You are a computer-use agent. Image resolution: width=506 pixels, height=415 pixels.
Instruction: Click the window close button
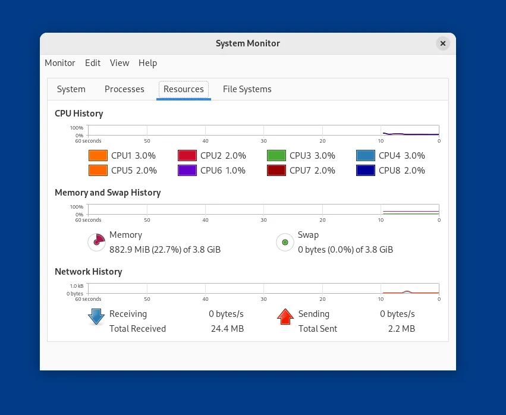click(x=442, y=43)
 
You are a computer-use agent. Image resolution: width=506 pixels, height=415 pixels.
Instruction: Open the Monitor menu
click(x=60, y=63)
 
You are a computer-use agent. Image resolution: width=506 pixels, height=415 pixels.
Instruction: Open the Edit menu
click(x=93, y=63)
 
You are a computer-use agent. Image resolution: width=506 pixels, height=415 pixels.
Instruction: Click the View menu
click(x=120, y=63)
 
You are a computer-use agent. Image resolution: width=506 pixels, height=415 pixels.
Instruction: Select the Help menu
click(x=147, y=63)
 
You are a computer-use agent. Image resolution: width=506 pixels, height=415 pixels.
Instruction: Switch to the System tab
click(x=71, y=89)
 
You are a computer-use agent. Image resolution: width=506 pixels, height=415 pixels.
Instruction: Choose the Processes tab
click(x=124, y=89)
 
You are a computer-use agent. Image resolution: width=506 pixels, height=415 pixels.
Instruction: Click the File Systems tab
click(x=247, y=89)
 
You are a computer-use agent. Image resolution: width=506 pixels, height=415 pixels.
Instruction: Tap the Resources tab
click(x=184, y=89)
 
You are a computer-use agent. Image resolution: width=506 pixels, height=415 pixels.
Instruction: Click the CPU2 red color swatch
click(x=187, y=156)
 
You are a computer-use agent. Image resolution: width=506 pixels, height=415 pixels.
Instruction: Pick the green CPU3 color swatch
click(x=276, y=156)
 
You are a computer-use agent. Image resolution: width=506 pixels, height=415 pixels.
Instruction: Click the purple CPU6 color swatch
click(x=187, y=171)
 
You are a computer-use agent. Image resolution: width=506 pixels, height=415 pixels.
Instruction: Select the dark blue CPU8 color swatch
click(x=365, y=171)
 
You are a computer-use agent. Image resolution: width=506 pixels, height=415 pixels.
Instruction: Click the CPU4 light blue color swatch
click(x=365, y=156)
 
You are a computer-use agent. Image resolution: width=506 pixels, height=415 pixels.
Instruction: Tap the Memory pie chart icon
click(x=96, y=242)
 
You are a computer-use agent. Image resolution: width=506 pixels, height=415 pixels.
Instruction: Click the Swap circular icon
click(x=285, y=242)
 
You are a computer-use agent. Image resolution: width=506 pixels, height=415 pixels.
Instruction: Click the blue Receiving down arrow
click(x=96, y=317)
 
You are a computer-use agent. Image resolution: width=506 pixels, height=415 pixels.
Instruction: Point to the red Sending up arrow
click(x=285, y=317)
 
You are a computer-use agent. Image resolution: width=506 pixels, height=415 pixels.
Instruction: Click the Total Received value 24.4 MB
click(x=227, y=329)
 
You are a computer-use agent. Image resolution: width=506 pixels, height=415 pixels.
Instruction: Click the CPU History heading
click(x=78, y=114)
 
